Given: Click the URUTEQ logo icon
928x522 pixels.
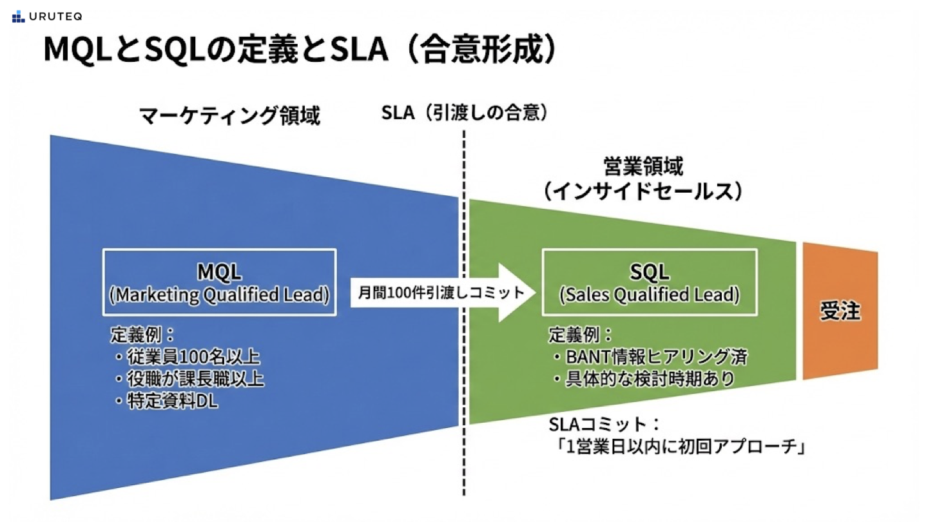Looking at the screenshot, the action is tap(18, 17).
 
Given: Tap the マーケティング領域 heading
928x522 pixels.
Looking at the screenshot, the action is tap(230, 115).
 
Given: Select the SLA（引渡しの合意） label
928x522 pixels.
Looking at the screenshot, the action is tap(465, 113).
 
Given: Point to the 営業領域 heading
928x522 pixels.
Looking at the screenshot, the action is tap(643, 166).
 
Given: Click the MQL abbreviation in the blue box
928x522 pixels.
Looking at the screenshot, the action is tap(219, 272).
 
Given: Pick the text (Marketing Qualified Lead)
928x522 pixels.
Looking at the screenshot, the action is tap(219, 295).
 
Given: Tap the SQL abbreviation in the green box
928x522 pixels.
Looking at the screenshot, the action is tap(649, 272).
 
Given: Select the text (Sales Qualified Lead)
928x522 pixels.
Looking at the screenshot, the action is tap(649, 295).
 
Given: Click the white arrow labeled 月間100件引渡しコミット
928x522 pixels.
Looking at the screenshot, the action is tap(443, 293).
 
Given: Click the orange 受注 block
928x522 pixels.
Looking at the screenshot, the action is tap(840, 311).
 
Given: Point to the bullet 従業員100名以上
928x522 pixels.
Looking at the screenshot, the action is tap(188, 357).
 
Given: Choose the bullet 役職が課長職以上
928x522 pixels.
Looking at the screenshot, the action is tap(189, 379).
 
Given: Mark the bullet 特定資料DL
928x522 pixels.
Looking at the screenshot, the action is tap(166, 401).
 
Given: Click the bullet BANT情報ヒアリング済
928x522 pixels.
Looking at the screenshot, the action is tap(651, 357).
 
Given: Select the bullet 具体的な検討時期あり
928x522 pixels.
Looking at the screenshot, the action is tap(644, 379).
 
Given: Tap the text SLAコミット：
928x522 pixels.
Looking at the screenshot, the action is tap(604, 424).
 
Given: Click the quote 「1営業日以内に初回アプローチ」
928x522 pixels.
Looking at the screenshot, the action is tap(679, 447).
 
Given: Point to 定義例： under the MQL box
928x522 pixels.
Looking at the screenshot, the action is tap(142, 334).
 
